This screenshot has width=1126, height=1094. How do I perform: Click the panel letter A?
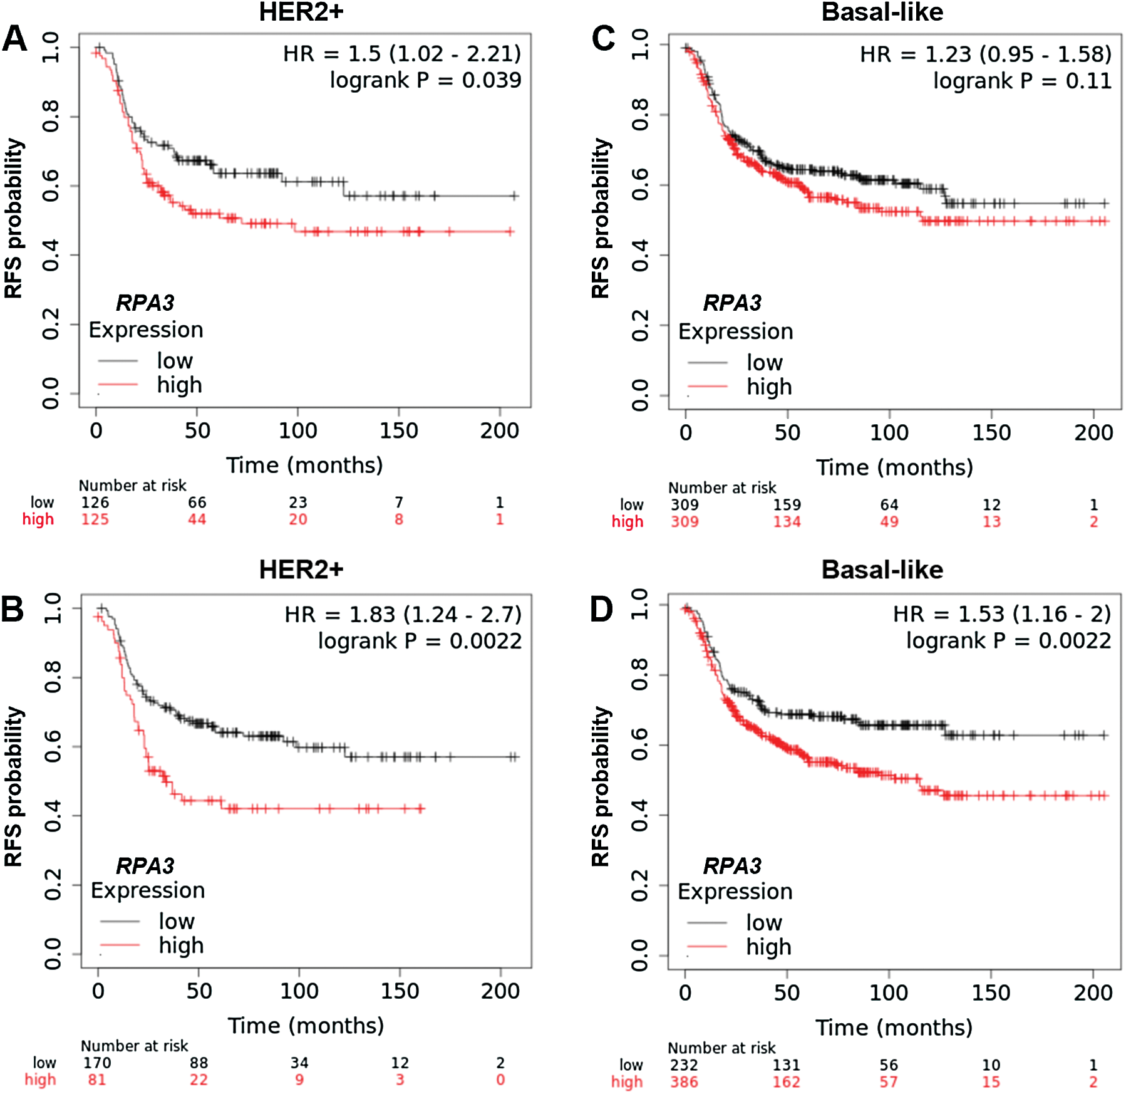(x=15, y=39)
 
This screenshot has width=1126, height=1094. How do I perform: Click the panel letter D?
(x=602, y=609)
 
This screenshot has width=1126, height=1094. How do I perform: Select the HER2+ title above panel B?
(x=301, y=570)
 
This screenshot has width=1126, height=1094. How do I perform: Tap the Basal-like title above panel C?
(x=882, y=13)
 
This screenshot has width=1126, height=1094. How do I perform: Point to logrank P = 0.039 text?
(x=425, y=80)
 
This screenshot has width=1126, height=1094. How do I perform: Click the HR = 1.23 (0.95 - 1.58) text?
(x=985, y=55)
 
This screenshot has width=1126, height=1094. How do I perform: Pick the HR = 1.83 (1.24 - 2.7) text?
(x=403, y=615)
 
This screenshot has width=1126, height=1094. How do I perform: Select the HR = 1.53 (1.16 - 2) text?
(x=1001, y=614)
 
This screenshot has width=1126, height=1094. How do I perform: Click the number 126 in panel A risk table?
(x=95, y=503)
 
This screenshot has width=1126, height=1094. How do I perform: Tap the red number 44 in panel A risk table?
(x=197, y=519)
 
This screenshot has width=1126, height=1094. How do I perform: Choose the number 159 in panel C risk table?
(x=787, y=505)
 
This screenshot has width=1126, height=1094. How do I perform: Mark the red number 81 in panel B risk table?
(x=97, y=1080)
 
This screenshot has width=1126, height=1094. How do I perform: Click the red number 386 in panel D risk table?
(x=684, y=1082)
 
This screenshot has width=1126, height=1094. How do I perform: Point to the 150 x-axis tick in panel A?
(x=399, y=431)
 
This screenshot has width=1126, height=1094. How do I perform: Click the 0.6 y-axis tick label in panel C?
(x=640, y=185)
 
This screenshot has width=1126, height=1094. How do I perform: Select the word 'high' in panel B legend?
(x=181, y=945)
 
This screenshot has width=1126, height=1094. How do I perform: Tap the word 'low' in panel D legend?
(x=764, y=922)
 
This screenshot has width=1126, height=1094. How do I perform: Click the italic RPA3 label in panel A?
(x=145, y=303)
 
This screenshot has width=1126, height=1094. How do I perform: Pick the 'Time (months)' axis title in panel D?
(x=894, y=1028)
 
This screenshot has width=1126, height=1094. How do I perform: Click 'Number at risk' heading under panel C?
(x=721, y=487)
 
